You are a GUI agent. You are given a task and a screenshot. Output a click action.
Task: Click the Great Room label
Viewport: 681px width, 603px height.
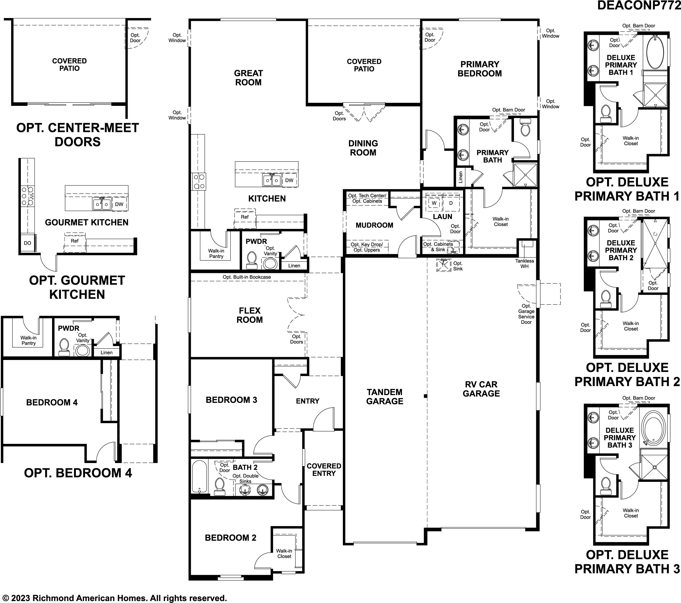(x=248, y=78)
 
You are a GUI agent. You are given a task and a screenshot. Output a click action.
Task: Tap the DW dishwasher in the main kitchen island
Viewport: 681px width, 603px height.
(x=289, y=180)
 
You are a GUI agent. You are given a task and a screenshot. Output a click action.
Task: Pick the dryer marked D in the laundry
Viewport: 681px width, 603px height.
(x=451, y=203)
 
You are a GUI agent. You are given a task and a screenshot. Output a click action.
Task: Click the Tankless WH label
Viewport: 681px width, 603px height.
(x=525, y=263)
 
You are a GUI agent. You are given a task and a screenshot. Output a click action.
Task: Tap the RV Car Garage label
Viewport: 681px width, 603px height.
(x=481, y=389)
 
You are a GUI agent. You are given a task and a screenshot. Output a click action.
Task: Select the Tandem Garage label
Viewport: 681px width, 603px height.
(x=385, y=396)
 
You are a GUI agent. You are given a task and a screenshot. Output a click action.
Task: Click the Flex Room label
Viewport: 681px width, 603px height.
(x=250, y=315)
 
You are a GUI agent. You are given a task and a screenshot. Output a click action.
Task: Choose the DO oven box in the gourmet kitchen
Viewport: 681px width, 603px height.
(x=28, y=243)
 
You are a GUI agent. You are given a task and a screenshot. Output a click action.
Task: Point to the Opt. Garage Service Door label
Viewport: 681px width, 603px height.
(x=526, y=314)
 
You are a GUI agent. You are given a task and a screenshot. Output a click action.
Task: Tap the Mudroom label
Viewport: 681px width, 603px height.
(x=374, y=225)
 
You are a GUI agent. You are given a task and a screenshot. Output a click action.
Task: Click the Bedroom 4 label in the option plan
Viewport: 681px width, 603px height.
(x=52, y=402)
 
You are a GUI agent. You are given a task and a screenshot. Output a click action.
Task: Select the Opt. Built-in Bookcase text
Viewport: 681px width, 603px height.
(x=247, y=277)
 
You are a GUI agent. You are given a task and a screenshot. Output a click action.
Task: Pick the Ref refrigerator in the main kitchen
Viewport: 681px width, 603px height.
(x=245, y=219)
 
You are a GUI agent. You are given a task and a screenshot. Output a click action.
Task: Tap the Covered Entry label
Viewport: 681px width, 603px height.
(x=324, y=469)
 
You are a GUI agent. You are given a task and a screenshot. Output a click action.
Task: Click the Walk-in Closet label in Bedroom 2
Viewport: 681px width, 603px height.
(x=284, y=553)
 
